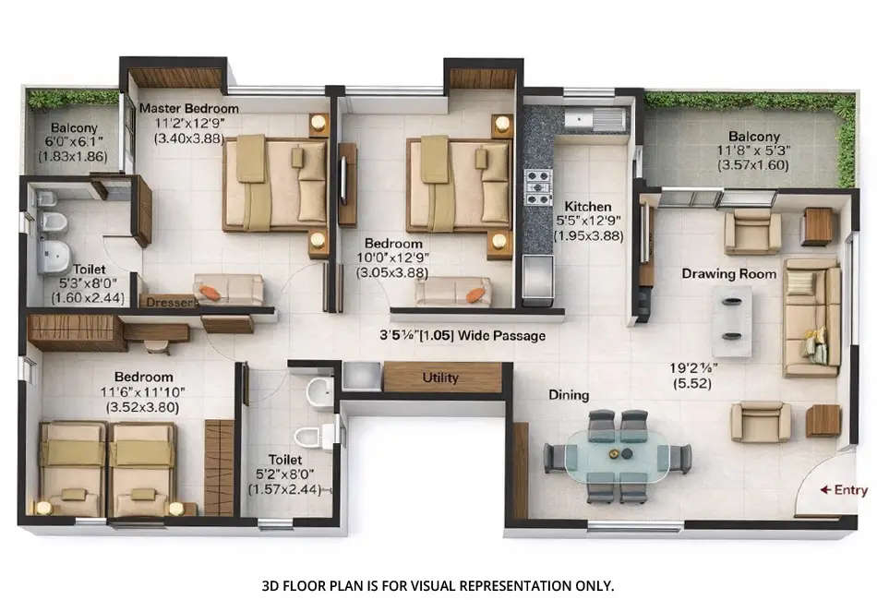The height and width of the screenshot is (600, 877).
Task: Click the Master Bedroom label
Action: [x=188, y=108]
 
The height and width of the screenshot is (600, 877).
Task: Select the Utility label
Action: [x=440, y=378]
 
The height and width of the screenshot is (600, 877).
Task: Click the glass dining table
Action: [x=618, y=455]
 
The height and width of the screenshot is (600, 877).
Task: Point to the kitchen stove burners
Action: [x=538, y=186]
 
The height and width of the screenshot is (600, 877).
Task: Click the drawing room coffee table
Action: [x=731, y=319]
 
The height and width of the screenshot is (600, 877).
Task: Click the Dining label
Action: [x=569, y=395]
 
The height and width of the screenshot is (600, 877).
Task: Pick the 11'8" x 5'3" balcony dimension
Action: [x=753, y=150]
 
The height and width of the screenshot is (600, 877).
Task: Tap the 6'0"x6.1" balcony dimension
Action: [x=70, y=142]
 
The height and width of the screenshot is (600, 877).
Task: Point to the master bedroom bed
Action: [x=275, y=184]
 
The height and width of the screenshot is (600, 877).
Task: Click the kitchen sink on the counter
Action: [x=593, y=120]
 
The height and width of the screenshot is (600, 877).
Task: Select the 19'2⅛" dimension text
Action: [x=691, y=367]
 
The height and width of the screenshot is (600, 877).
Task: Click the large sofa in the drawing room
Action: [x=811, y=317]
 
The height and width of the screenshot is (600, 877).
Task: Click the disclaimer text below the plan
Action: [x=438, y=585]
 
